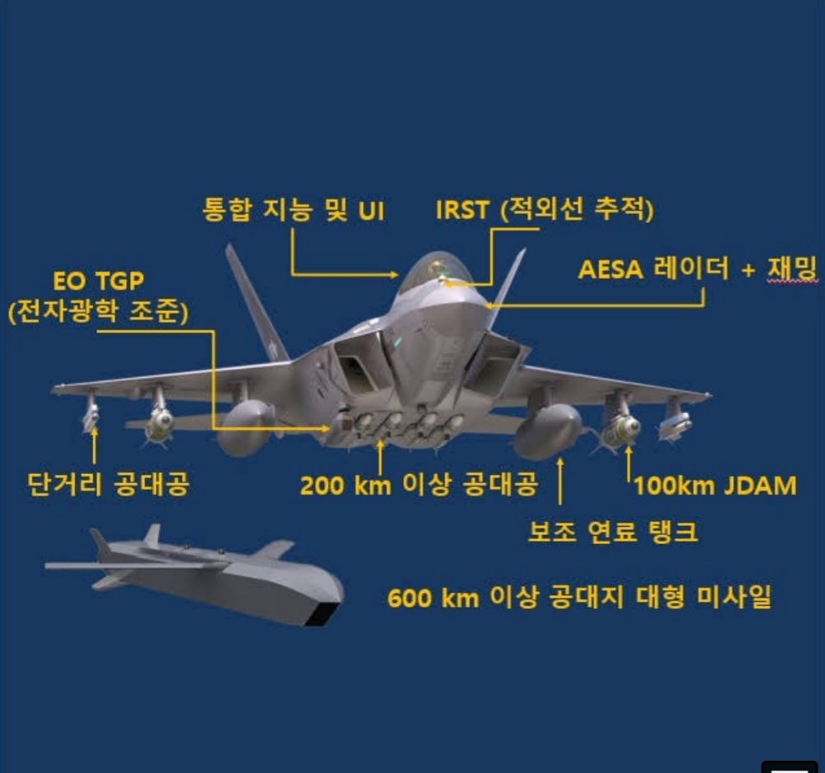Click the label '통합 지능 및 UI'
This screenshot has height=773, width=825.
point(294,209)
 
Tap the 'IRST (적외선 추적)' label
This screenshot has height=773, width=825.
point(545,209)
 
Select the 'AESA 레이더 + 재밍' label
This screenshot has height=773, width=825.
point(696,268)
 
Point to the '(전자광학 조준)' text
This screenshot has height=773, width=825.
point(98,313)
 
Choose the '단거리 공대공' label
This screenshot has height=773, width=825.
point(108,484)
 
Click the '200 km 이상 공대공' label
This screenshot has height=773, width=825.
point(419,485)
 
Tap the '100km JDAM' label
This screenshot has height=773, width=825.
point(715,486)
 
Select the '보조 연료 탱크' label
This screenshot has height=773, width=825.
point(613,532)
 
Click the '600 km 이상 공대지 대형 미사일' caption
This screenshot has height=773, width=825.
point(580,597)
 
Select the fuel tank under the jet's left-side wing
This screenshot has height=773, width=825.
point(245,426)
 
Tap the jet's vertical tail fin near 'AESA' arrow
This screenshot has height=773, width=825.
point(508,280)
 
